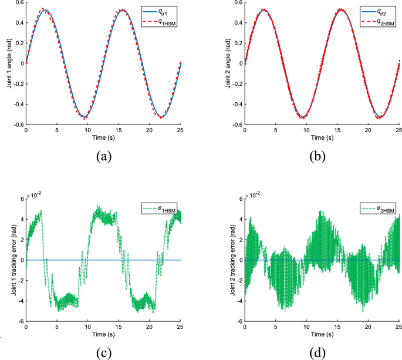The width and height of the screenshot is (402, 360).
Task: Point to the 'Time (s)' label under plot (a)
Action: [103, 137]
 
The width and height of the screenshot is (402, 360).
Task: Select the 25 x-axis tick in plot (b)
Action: [399, 130]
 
